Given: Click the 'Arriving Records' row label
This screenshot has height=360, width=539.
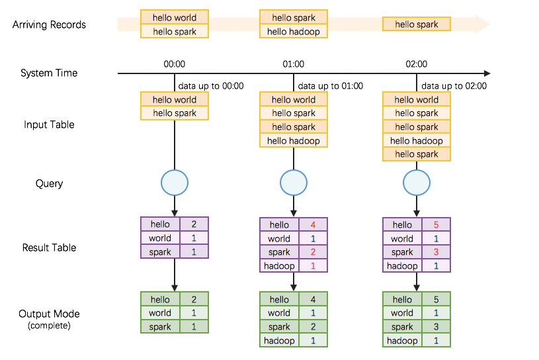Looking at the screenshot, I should click(49, 25).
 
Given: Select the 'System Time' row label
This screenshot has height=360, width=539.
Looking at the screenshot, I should click(49, 73).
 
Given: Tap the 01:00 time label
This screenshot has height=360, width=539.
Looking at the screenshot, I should click(293, 64).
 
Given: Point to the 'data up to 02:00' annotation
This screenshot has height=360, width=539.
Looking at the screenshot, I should click(454, 86).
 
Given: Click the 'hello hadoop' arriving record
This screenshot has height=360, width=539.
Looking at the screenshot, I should click(293, 32).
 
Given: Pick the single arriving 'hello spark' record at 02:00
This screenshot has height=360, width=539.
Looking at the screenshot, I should click(416, 24).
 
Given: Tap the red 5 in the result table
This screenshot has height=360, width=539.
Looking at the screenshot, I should click(436, 225).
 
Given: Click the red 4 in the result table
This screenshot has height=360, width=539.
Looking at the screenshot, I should click(312, 225).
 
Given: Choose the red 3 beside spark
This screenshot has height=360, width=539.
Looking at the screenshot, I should click(436, 252).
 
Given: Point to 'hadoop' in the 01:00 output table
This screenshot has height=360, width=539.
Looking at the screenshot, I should click(279, 341).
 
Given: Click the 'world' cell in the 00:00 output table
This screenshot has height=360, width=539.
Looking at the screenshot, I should click(159, 313).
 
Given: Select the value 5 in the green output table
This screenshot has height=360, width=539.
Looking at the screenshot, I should click(436, 300).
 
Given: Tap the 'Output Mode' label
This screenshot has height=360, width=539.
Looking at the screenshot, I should click(49, 314).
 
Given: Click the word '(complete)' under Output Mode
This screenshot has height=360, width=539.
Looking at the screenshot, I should click(49, 326).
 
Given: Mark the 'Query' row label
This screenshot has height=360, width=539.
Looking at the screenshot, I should click(49, 183).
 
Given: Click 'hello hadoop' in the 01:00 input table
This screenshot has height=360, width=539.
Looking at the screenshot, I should click(293, 141).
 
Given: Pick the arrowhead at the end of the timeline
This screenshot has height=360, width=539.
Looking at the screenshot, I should click(487, 73).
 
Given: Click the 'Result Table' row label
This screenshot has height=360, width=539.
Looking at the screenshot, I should click(49, 247).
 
